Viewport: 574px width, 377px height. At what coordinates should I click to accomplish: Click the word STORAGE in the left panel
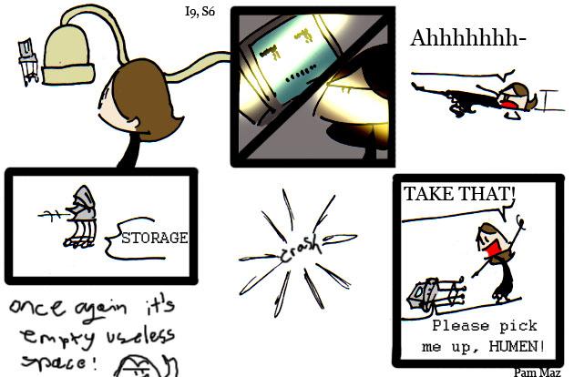154,239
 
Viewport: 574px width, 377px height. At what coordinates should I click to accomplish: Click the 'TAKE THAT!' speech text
459,194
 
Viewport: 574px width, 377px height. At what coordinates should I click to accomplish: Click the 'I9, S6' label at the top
200,11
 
